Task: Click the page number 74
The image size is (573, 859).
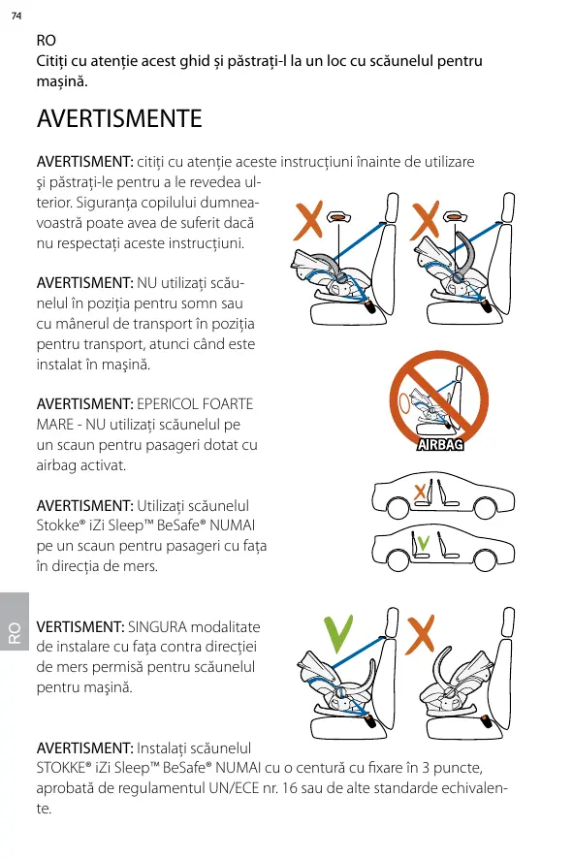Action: (16, 16)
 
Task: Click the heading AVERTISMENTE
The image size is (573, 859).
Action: (119, 119)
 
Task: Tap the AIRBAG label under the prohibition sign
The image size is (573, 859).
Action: (440, 445)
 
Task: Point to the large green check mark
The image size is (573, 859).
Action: (338, 634)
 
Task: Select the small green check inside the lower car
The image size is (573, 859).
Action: (423, 542)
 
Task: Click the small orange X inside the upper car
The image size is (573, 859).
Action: (420, 492)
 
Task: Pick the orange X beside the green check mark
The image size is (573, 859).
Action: (420, 634)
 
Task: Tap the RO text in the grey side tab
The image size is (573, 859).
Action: (15, 632)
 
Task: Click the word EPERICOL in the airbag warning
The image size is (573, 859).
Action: (168, 404)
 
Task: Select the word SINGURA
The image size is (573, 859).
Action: (157, 626)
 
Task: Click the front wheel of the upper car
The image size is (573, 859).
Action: (398, 508)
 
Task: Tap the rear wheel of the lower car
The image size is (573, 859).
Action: (485, 559)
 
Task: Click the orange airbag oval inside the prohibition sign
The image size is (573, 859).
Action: (405, 403)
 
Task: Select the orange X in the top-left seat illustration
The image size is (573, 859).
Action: (308, 220)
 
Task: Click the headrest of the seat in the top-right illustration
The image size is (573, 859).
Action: (508, 207)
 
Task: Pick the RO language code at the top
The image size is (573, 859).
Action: (46, 41)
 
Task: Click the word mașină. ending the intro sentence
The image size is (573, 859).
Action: (62, 81)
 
